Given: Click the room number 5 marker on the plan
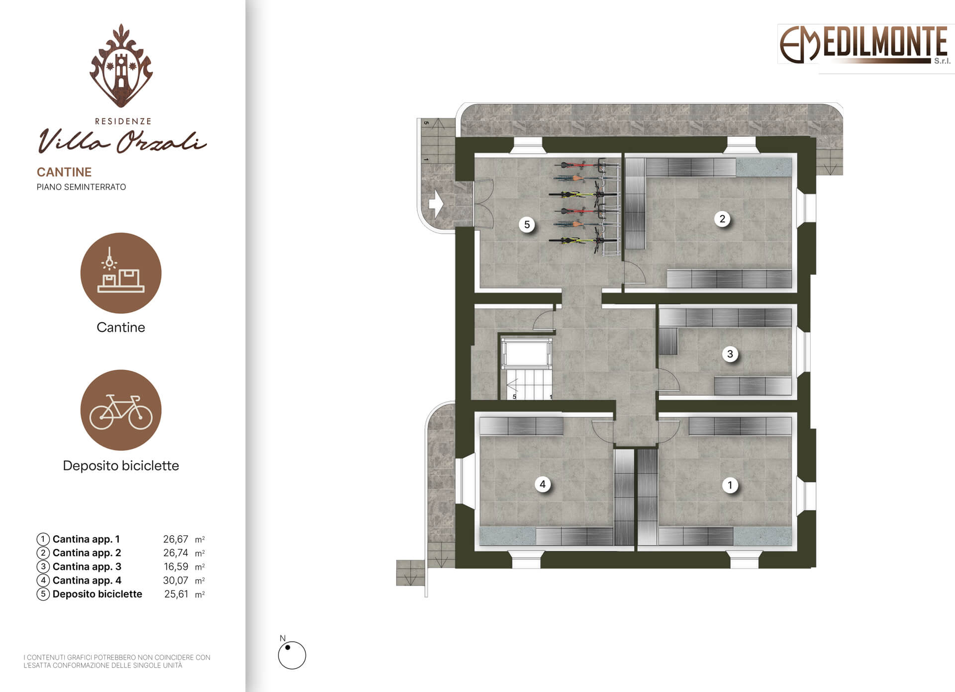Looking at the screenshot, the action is [527, 224].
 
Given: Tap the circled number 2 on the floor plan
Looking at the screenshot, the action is [722, 219].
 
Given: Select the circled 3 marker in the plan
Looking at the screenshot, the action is [730, 354].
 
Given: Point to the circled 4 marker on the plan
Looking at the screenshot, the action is [543, 484].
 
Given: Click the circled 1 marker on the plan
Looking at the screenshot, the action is [730, 485].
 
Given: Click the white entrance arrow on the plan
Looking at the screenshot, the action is [436, 204].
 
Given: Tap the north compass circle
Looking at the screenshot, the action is [292, 655].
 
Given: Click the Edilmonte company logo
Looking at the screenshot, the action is [864, 45].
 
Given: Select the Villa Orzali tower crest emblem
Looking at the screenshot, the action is [121, 65].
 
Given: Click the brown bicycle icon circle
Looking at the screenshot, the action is [121, 410].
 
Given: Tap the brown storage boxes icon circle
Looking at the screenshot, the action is [121, 273].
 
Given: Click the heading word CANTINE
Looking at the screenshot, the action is [64, 172].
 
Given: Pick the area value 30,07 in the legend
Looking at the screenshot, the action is [176, 580].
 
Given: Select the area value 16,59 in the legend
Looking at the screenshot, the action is [176, 566].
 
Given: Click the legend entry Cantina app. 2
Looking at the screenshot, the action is [87, 553].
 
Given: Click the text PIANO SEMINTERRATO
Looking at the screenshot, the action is [81, 187].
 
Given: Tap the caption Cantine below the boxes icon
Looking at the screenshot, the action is [121, 327].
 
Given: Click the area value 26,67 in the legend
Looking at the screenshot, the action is [176, 539].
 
